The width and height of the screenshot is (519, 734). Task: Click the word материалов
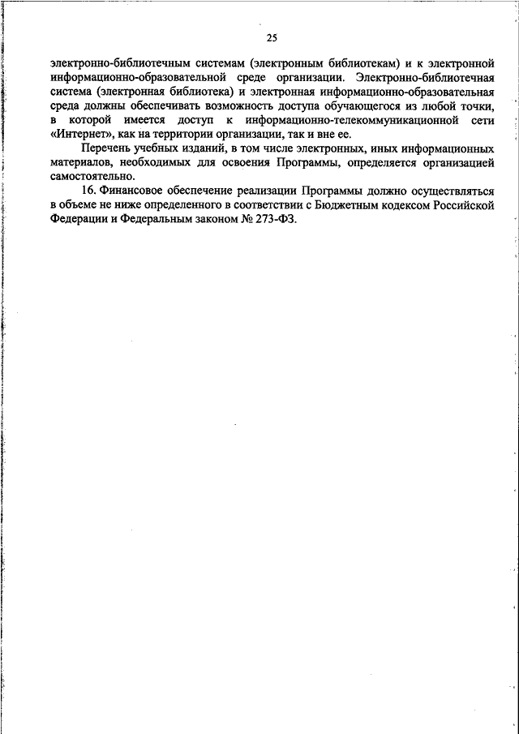tap(82, 162)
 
